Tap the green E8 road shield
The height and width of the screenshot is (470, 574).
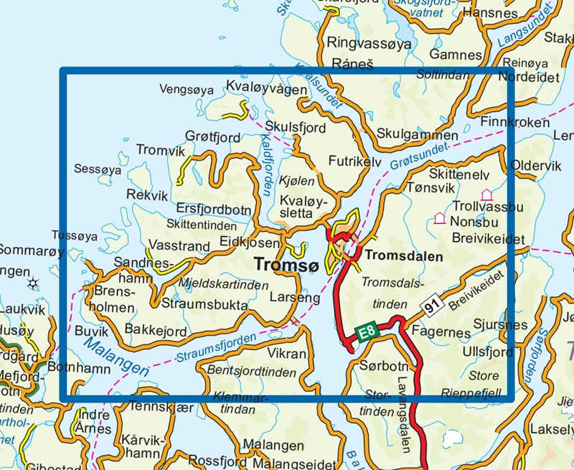point(366,332)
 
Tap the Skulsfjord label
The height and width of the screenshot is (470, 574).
point(295,127)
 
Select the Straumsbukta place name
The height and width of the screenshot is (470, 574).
point(204,305)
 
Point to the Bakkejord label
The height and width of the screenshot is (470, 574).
point(156,330)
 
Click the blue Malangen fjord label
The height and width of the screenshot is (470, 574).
point(115,357)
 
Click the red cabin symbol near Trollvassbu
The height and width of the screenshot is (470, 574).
point(486,194)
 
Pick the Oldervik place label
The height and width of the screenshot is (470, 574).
point(536,166)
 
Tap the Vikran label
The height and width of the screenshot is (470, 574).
point(287,354)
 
